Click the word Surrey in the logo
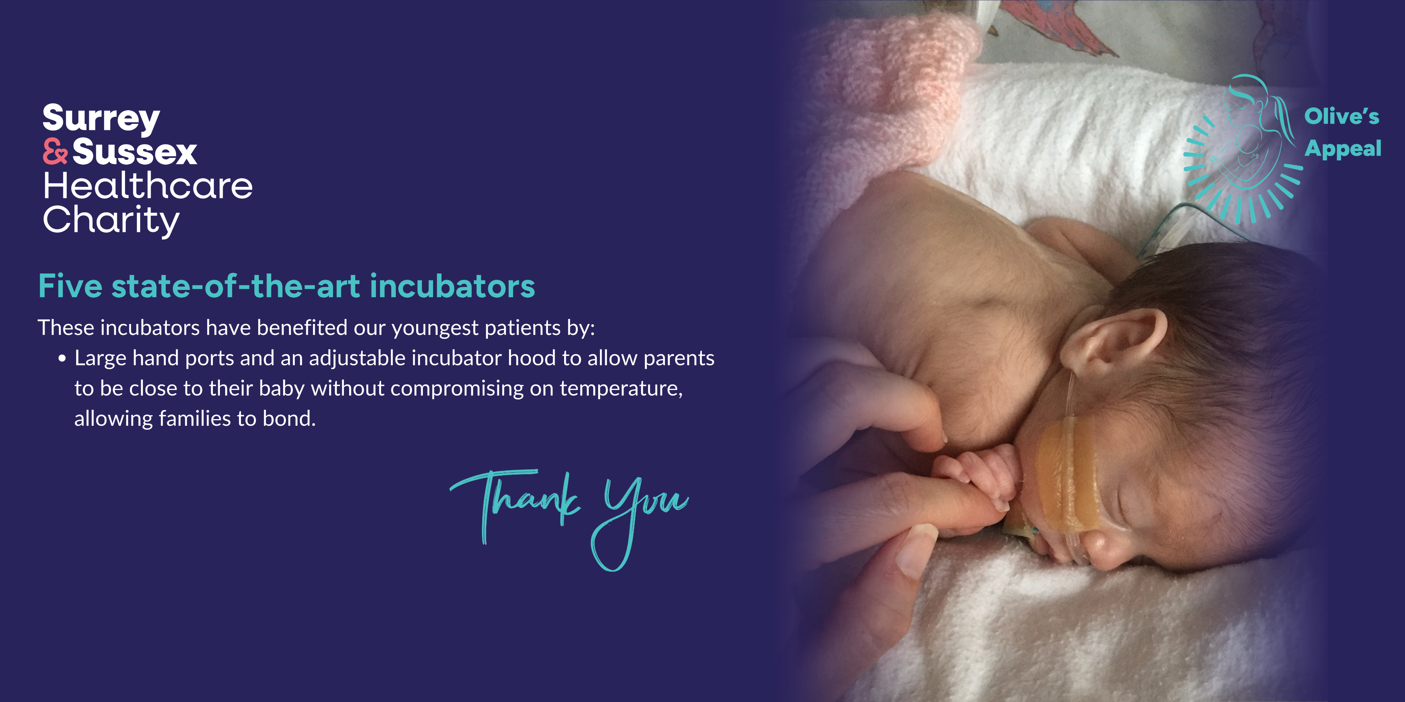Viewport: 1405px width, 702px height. coord(102,119)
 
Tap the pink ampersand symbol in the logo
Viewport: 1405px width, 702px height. coord(55,152)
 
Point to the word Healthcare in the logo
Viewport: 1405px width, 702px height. coord(148,186)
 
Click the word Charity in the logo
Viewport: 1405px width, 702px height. coord(111,221)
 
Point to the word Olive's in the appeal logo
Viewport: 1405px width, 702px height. coord(1342,116)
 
